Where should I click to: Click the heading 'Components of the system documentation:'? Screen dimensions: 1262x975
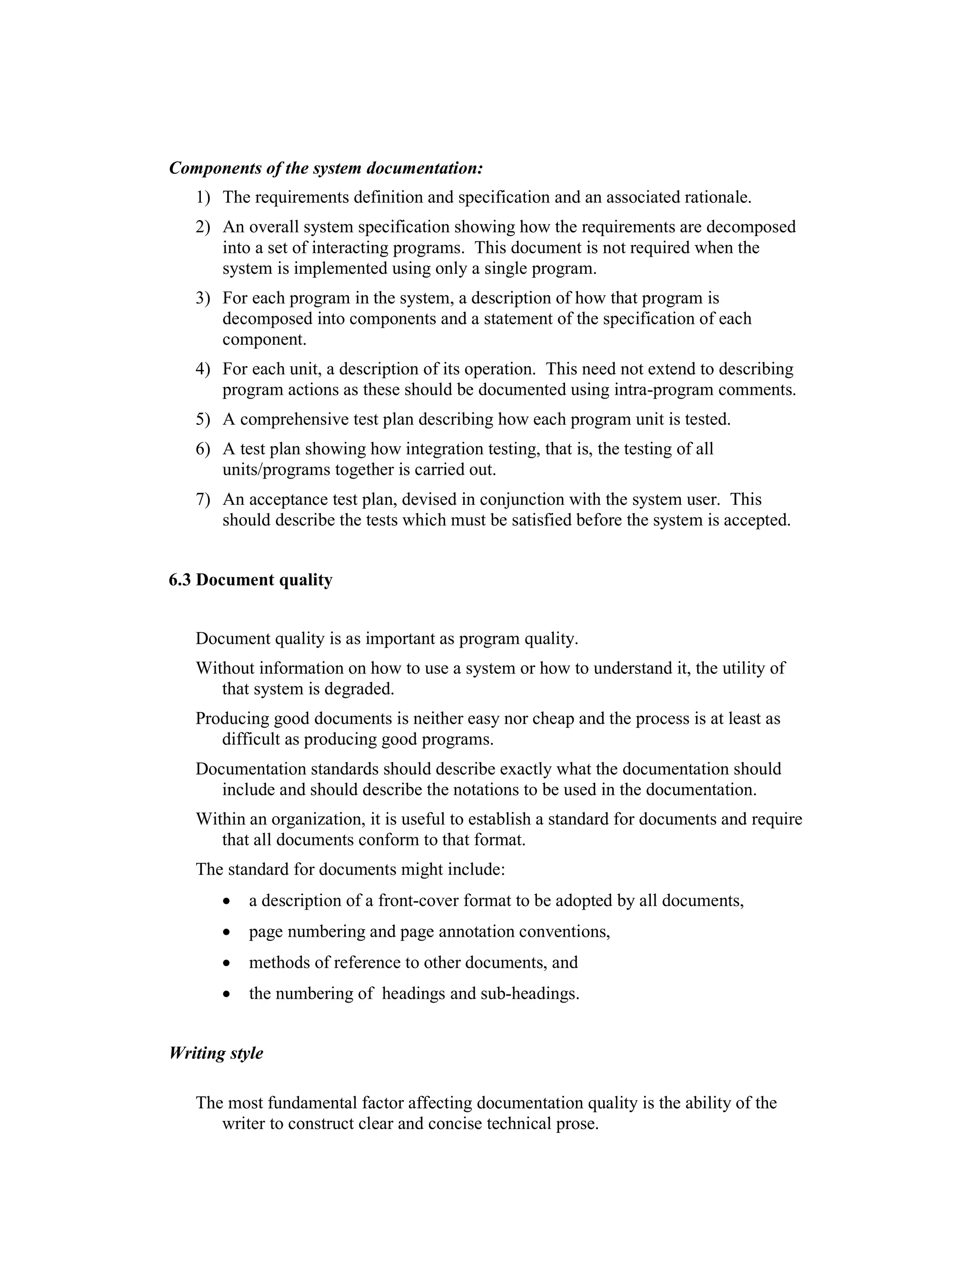[326, 168]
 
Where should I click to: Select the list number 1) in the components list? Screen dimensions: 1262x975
[202, 198]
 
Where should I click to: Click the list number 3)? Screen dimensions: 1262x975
[202, 298]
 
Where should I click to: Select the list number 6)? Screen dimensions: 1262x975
[202, 449]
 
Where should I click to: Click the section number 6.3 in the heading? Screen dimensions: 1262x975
[179, 580]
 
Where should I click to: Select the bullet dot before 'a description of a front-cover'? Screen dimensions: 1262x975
[227, 902]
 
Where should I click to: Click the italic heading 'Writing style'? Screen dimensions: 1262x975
[216, 1053]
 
